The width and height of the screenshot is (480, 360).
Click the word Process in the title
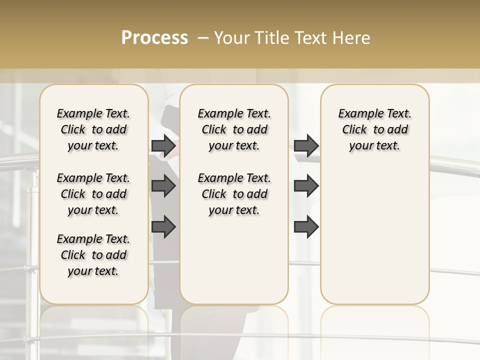[x=154, y=38]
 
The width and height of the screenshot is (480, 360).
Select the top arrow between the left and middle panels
[x=163, y=146]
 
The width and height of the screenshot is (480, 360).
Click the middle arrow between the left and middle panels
[x=163, y=186]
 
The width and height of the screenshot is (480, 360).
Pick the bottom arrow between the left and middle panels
[x=163, y=227]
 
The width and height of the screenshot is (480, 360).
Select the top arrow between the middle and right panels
[x=306, y=146]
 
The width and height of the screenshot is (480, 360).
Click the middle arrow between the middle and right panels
[x=306, y=186]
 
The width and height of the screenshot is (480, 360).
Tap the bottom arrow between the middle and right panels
[x=306, y=227]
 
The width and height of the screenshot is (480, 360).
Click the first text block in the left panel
[x=93, y=129]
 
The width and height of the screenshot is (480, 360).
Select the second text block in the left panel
[x=93, y=194]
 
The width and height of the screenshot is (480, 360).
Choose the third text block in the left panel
[x=93, y=255]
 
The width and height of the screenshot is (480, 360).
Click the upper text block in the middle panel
[x=234, y=129]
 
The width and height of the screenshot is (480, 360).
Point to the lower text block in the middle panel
[x=234, y=194]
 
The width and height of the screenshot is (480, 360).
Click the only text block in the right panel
[x=374, y=129]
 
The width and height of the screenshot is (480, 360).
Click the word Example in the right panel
[x=356, y=114]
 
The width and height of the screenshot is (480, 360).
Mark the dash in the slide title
[x=203, y=38]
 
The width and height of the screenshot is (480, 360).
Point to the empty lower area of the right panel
[x=374, y=235]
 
